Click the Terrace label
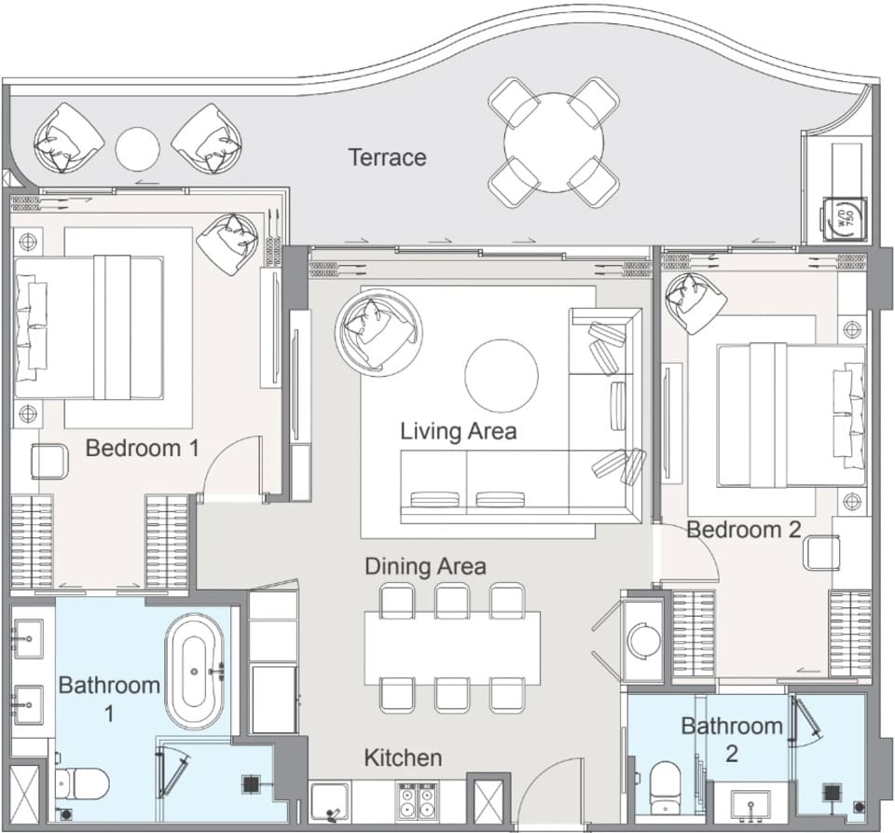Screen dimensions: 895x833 tap(388, 157)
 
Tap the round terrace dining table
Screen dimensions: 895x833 tap(553, 143)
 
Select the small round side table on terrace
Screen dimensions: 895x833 tap(137, 148)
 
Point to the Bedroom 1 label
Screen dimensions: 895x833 tap(142, 448)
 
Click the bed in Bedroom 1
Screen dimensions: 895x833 tap(89, 327)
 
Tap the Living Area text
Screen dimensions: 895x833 tap(459, 431)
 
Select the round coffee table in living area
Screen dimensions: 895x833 tap(502, 376)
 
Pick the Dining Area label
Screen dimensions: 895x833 tap(425, 566)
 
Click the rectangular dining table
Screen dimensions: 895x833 tap(452, 647)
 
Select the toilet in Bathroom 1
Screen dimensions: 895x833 tap(82, 784)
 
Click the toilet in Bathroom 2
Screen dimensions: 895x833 tap(665, 785)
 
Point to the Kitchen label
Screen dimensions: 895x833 tap(403, 757)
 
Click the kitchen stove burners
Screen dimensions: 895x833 tap(417, 801)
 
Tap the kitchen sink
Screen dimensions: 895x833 tap(330, 801)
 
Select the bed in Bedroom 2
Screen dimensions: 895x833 tap(792, 415)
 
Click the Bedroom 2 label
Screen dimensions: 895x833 tap(744, 529)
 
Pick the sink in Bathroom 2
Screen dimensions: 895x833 tap(751, 806)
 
